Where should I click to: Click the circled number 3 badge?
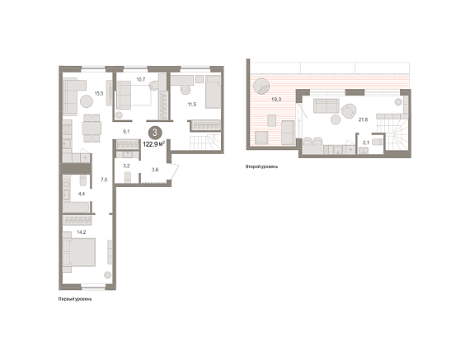pyautogui.click(x=155, y=133)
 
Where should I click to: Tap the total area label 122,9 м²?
pyautogui.click(x=154, y=144)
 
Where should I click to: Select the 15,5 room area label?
pyautogui.click(x=99, y=93)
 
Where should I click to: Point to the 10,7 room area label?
pyautogui.click(x=141, y=79)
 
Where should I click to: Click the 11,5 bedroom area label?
pyautogui.click(x=192, y=105)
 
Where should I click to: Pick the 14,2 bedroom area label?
pyautogui.click(x=82, y=231)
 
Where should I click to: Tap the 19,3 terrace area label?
pyautogui.click(x=276, y=100)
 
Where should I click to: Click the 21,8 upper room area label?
pyautogui.click(x=363, y=119)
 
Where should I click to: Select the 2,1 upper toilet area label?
pyautogui.click(x=366, y=143)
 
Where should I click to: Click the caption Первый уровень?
pyautogui.click(x=75, y=299)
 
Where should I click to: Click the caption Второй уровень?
pyautogui.click(x=261, y=166)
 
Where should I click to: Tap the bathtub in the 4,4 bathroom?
pyautogui.click(x=76, y=207)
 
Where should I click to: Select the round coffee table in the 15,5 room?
pyautogui.click(x=87, y=101)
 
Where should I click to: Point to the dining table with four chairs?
pyautogui.click(x=92, y=129)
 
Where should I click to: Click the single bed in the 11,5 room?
pyautogui.click(x=213, y=91)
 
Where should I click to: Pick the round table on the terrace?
pyautogui.click(x=261, y=86)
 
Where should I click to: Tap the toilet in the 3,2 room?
pyautogui.click(x=128, y=177)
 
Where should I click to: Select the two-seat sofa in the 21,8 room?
pyautogui.click(x=327, y=106)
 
